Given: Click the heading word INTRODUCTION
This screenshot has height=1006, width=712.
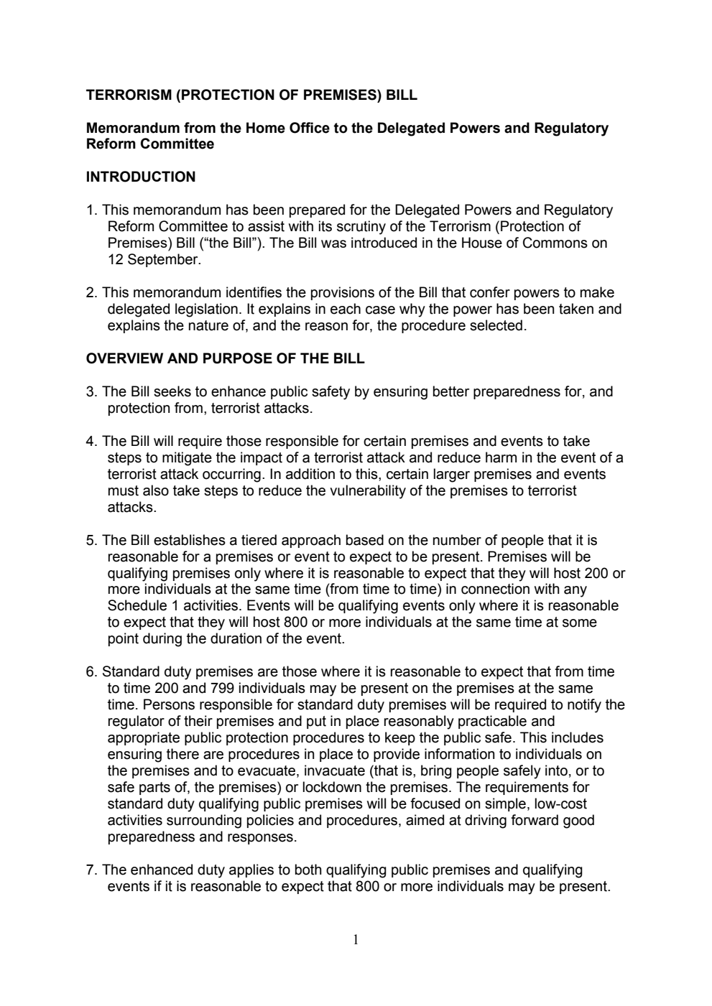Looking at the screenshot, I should click(x=141, y=177).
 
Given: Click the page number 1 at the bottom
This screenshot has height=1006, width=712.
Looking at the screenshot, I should click(x=356, y=940).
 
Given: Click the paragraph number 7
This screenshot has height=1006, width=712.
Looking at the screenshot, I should click(x=91, y=870).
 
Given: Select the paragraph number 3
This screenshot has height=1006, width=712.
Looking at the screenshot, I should click(x=91, y=392).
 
